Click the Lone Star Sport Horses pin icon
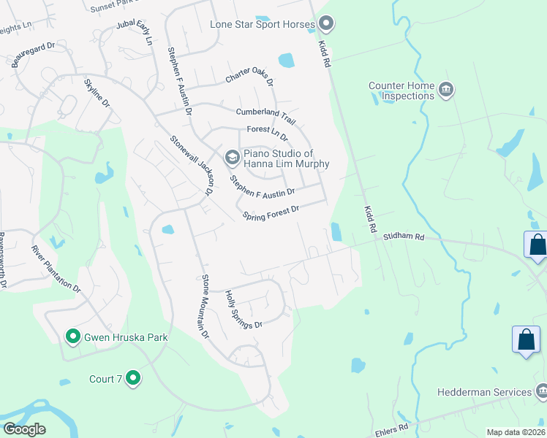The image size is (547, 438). pos(325,25)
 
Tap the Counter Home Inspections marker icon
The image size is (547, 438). pos(445,91)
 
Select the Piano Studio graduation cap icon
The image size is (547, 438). pos(232,158)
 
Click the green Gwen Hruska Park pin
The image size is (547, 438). pos(72,337)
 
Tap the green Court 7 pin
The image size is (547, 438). pos(132,378)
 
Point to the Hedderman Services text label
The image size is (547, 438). pos(484,392)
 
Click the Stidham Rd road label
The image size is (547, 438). pos(401,237)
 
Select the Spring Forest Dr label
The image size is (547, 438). pos(271,213)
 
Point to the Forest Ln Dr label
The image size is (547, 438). pos(267,133)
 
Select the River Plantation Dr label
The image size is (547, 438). pos(56,269)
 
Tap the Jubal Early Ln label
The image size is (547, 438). pos(133,33)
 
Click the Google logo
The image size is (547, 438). pos(25,429)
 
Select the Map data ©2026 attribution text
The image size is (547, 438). pos(515,432)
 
